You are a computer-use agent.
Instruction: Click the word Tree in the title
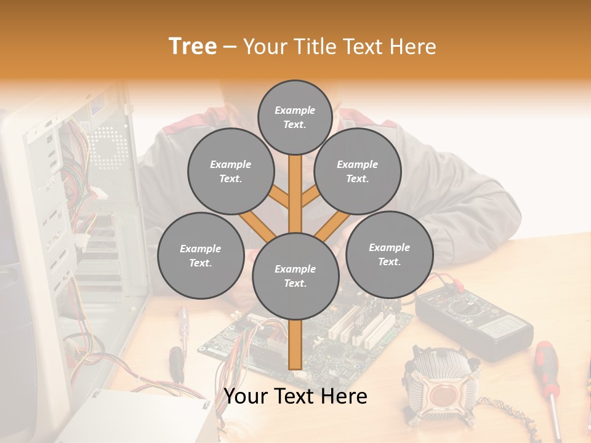193,46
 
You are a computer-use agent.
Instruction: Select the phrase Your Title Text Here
340,47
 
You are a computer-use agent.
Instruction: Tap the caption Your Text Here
295,396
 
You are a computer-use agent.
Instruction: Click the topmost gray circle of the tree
295,117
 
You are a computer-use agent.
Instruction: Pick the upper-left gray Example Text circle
230,171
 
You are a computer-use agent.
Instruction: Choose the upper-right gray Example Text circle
357,171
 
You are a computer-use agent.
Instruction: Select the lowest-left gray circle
200,255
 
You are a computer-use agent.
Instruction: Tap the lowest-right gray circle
389,254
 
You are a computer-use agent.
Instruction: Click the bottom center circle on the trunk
295,276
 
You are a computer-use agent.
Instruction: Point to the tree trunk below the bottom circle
296,345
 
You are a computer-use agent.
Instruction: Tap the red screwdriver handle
545,363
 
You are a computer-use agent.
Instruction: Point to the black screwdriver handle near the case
176,359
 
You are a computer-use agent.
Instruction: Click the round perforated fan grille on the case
110,148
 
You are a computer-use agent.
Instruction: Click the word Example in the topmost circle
295,110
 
